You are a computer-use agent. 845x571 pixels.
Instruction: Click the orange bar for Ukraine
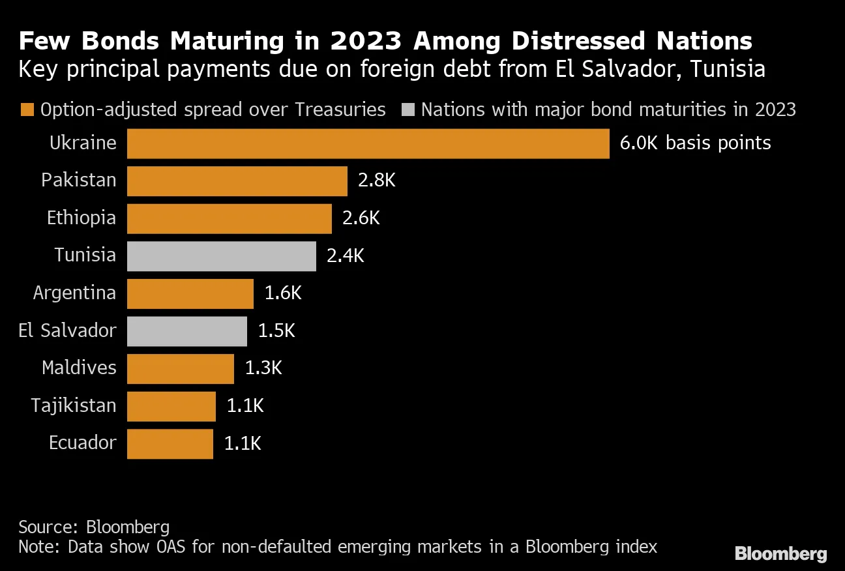[x=368, y=143]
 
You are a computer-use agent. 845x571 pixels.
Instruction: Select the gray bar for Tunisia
[x=222, y=256]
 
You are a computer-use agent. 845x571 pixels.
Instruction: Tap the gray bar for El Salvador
[x=187, y=331]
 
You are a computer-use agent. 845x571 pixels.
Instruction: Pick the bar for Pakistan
[x=237, y=181]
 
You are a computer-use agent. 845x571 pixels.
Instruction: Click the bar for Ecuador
[x=170, y=444]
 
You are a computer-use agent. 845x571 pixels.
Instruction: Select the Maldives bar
[x=181, y=369]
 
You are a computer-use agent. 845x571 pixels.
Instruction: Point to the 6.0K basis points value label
[x=695, y=143]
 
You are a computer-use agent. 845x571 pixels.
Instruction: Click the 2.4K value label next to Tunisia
[x=346, y=256]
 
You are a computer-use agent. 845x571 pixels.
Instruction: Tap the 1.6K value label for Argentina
[x=283, y=293]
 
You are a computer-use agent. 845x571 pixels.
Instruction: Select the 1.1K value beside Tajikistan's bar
[x=245, y=406]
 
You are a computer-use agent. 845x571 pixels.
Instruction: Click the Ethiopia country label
[x=82, y=218]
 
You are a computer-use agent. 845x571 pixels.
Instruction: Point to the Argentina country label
[x=74, y=293]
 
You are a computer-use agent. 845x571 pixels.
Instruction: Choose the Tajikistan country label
[x=74, y=406]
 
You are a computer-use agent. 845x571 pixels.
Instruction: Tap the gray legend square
[x=407, y=110]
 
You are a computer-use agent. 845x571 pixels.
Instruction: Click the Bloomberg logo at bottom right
[x=780, y=554]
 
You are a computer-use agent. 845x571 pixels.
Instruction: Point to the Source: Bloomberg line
[x=94, y=527]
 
